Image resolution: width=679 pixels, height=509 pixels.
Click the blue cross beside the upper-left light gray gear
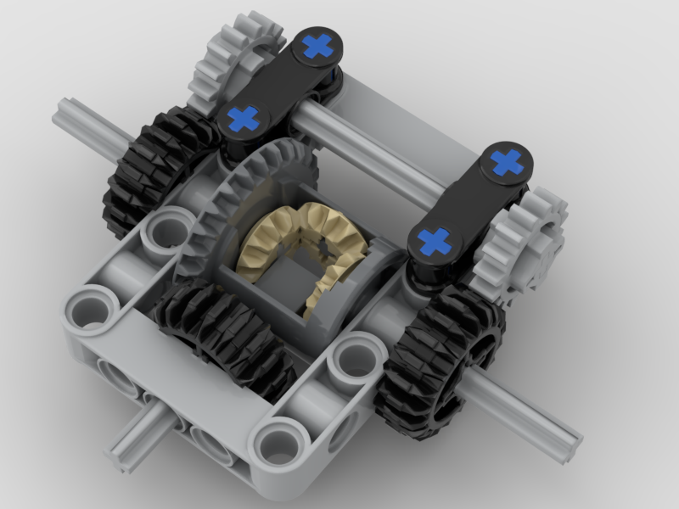317,46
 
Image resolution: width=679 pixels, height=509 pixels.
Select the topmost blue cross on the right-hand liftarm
507,161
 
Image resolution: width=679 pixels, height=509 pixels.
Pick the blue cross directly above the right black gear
435,241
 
